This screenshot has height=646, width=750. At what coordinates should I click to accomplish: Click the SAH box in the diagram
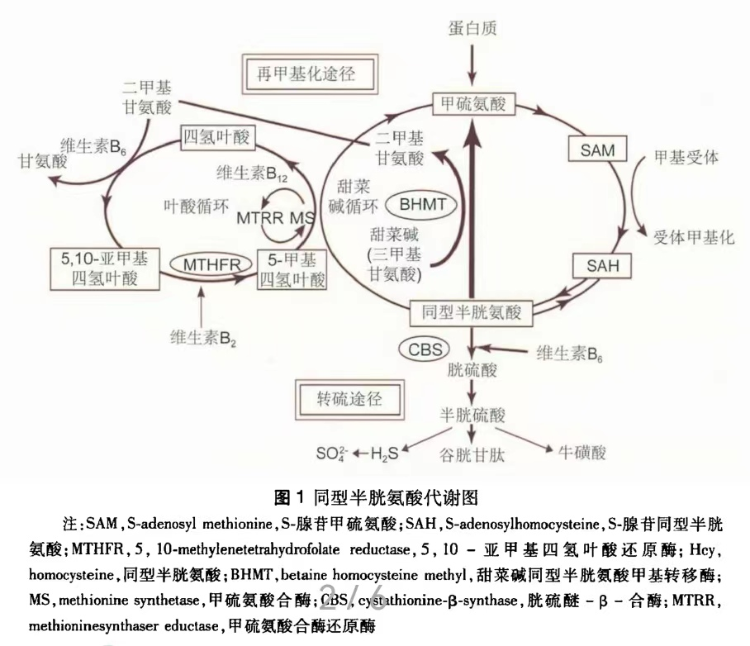[x=596, y=266]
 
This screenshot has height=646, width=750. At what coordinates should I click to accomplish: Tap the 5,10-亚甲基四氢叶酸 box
[x=104, y=267]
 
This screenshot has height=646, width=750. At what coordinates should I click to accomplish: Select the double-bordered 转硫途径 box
[x=347, y=397]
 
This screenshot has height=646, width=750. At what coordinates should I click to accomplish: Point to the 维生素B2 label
[x=201, y=337]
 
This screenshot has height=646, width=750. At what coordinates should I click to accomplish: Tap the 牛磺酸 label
[x=582, y=452]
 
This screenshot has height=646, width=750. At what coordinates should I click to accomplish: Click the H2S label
[x=387, y=453]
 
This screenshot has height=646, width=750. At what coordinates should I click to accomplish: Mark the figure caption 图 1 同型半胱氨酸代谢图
[x=377, y=497]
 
